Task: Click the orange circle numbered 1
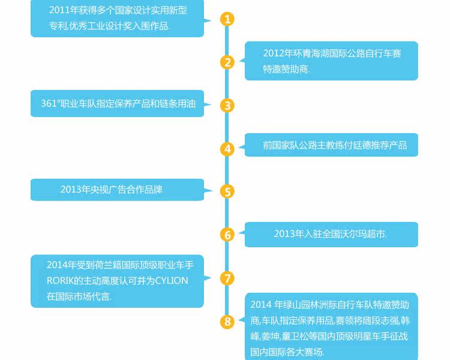(227, 19)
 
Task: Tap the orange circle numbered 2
(227, 62)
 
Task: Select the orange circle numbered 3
(227, 106)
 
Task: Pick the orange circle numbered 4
(227, 149)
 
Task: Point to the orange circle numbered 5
(227, 191)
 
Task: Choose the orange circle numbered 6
(227, 235)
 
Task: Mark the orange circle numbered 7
(227, 278)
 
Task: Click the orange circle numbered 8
(227, 322)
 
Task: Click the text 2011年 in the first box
(64, 10)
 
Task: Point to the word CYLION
(172, 281)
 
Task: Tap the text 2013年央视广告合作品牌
(111, 190)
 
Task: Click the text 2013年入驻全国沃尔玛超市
(330, 233)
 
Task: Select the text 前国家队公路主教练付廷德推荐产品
(335, 145)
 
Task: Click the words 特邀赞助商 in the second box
(286, 69)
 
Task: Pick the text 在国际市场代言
(79, 296)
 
